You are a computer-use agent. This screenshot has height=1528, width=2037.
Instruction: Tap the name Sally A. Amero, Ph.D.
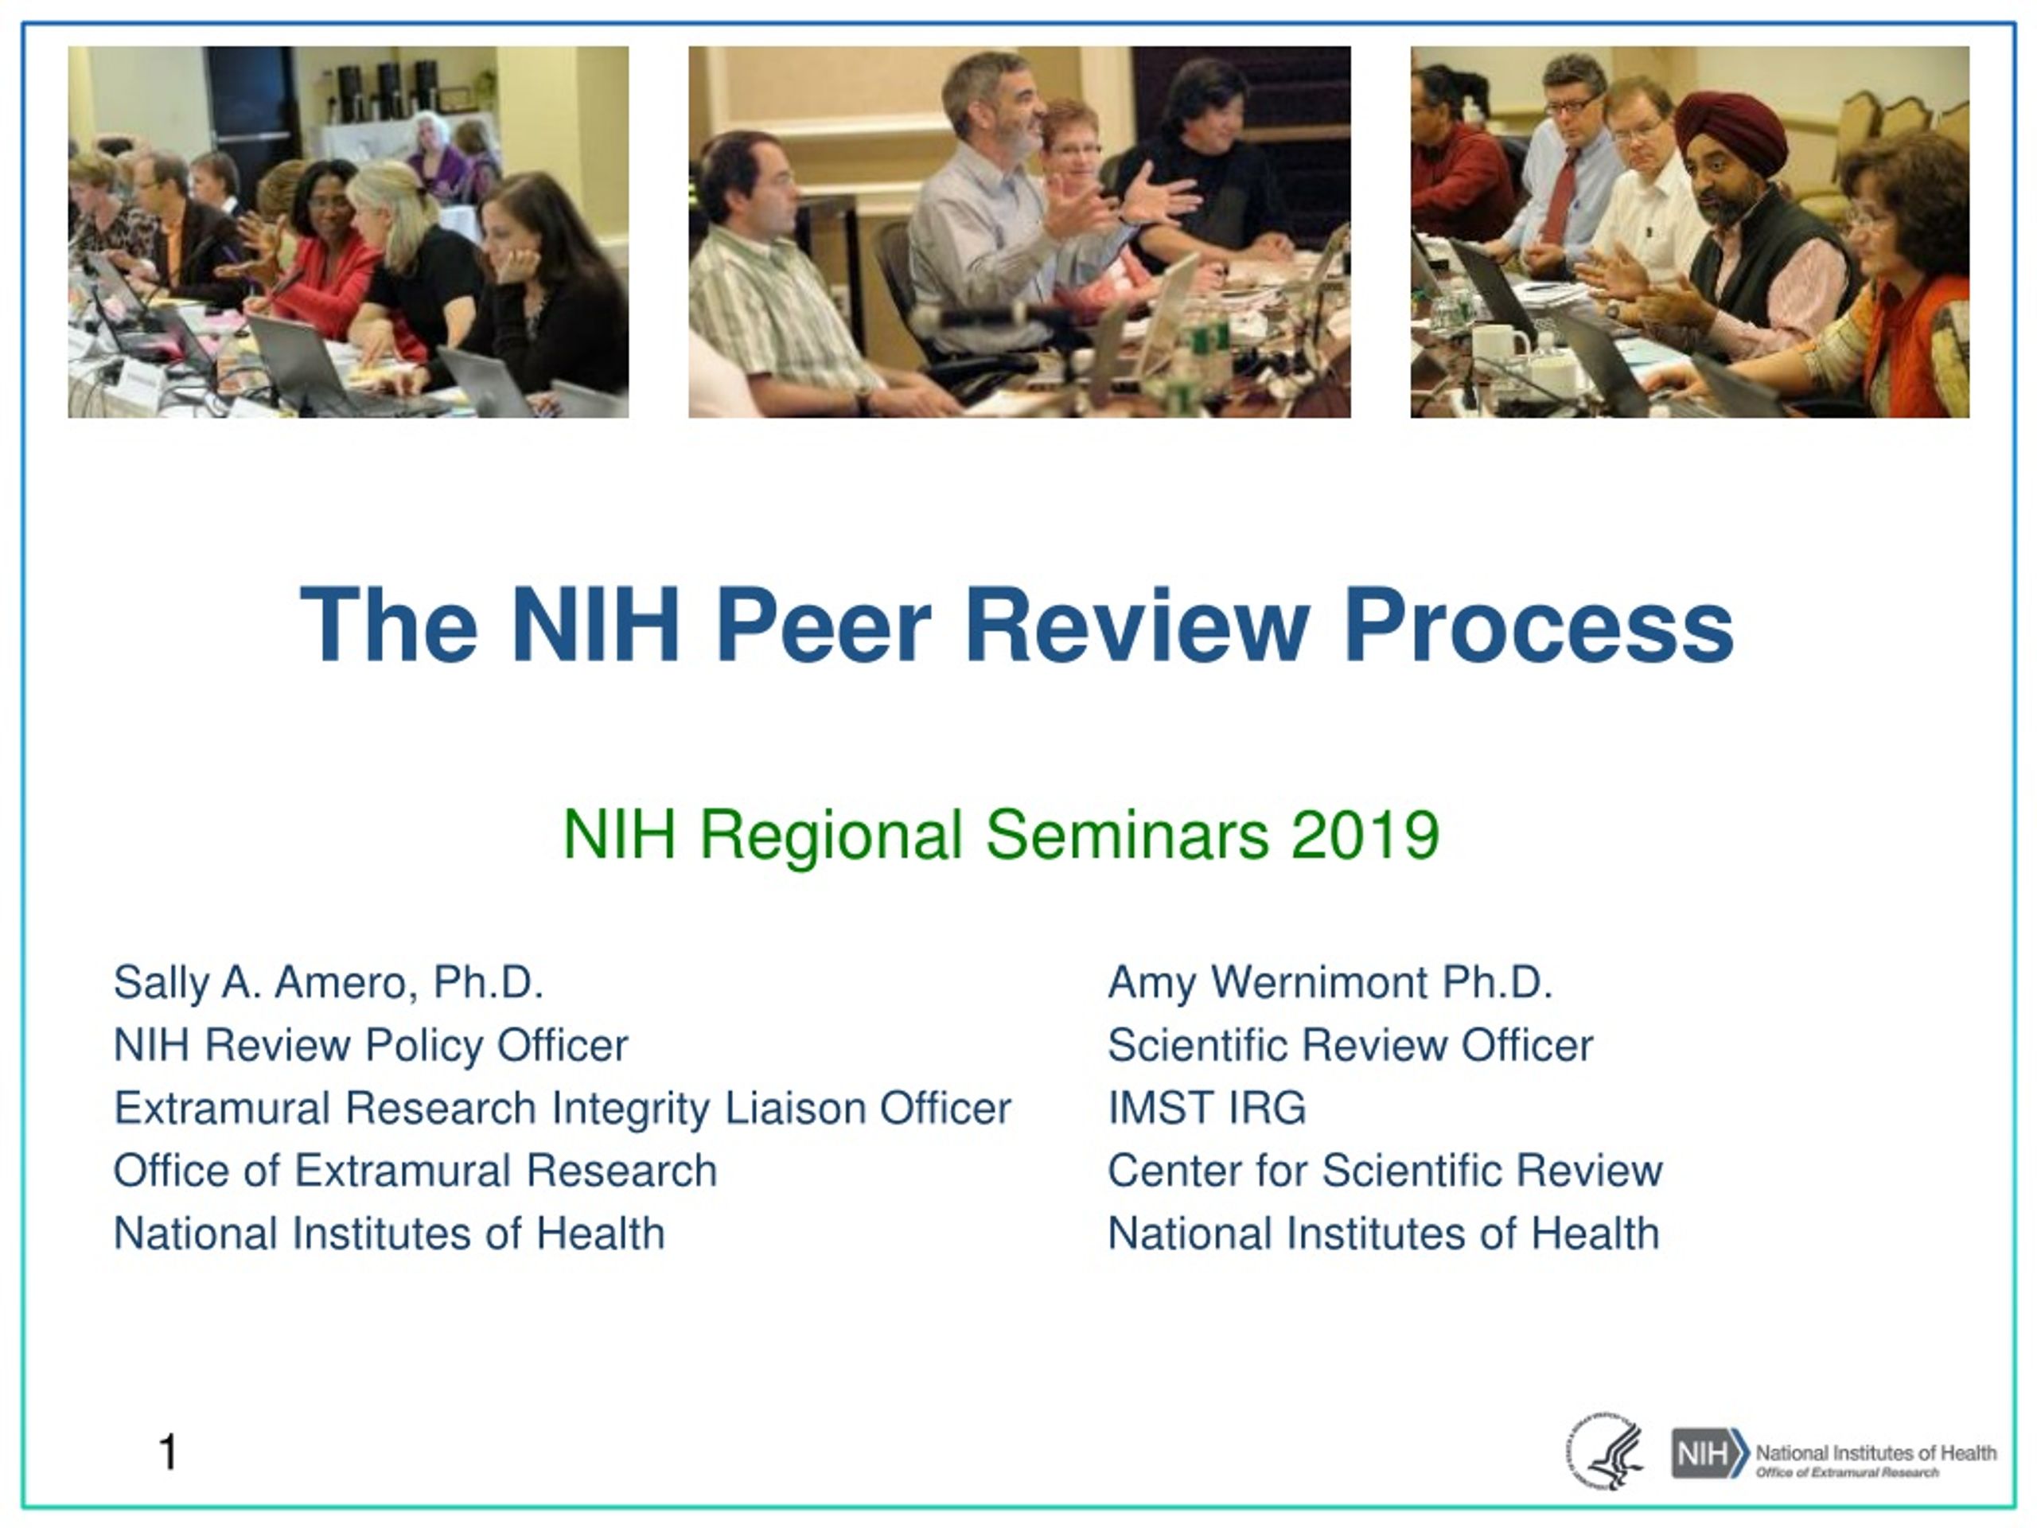[x=329, y=982]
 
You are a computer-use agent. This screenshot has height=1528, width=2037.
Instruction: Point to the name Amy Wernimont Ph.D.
[x=1330, y=983]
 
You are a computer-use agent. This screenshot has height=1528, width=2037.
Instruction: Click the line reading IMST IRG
[x=1206, y=1107]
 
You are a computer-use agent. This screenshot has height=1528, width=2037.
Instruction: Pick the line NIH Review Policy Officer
[x=370, y=1046]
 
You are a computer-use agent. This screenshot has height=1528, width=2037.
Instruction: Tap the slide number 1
[x=168, y=1452]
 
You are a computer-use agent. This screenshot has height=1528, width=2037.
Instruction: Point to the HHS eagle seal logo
[x=1604, y=1452]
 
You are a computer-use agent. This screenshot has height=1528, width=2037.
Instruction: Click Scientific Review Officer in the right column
[x=1350, y=1046]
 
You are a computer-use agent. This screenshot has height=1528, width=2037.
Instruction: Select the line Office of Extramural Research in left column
[x=415, y=1171]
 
